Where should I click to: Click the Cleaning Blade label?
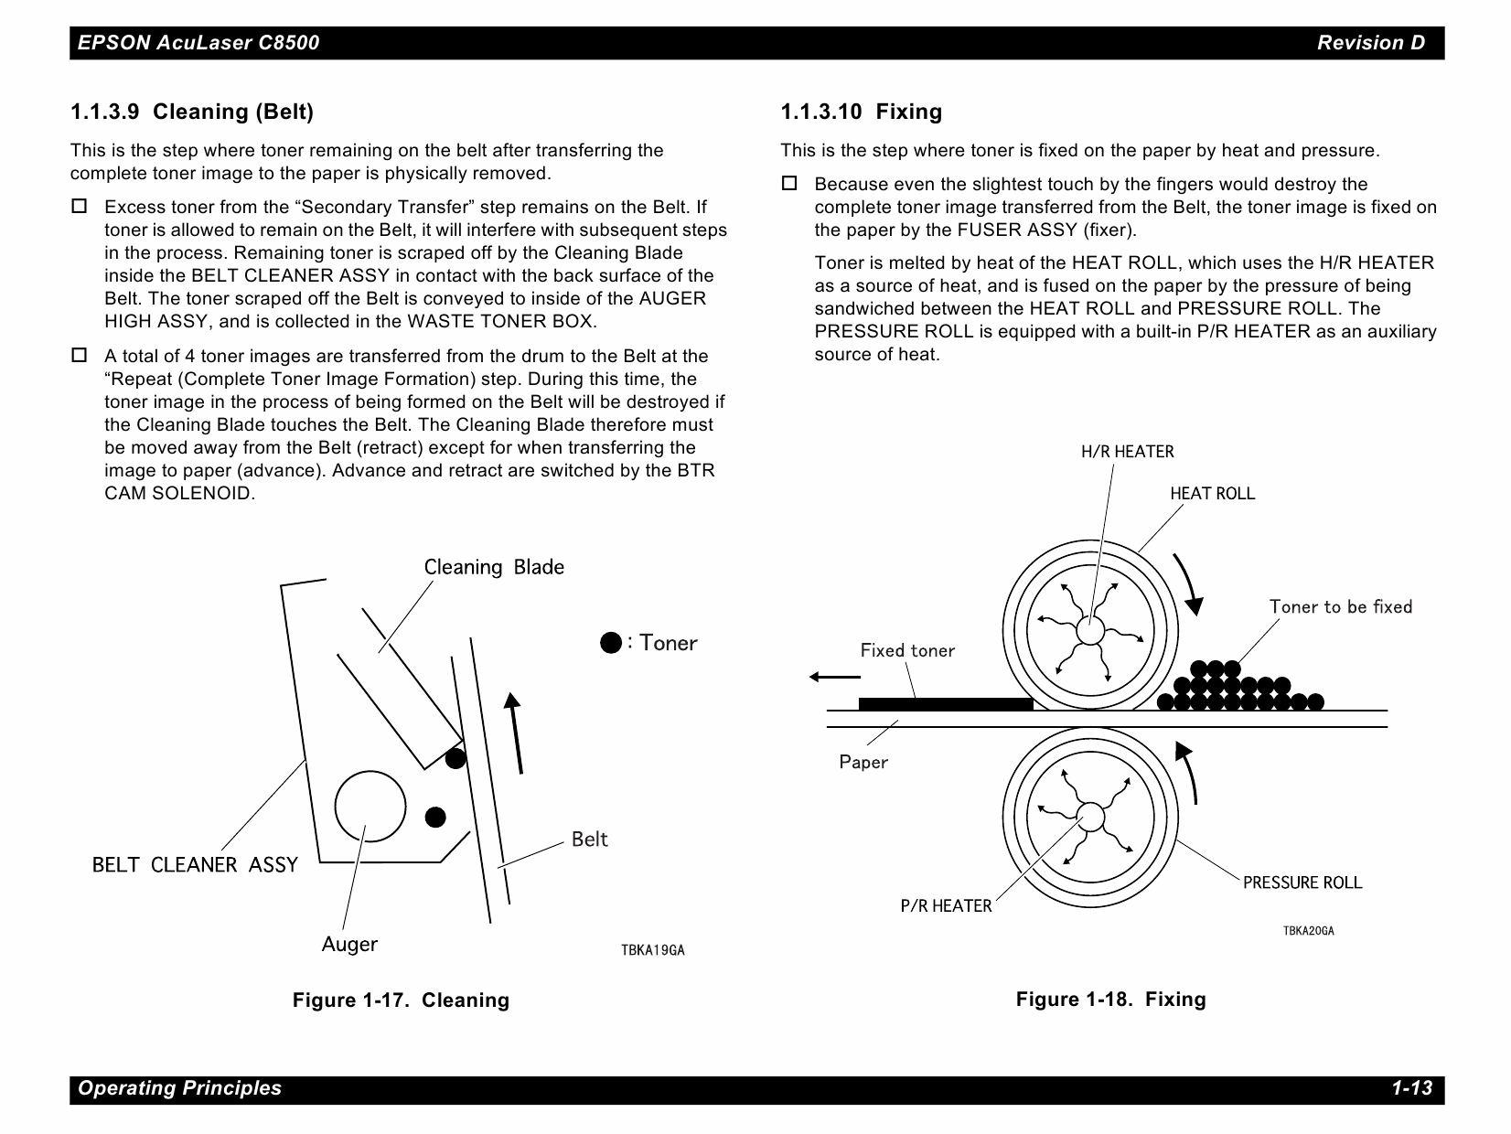coord(494,567)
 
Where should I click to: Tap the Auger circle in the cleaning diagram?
coord(370,805)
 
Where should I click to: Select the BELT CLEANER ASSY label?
coord(195,865)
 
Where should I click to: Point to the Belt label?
coord(589,840)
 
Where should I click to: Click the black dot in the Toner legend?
coord(611,643)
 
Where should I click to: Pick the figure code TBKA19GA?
coord(652,950)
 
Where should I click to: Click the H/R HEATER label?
coord(1127,452)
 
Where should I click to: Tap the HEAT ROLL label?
coord(1212,494)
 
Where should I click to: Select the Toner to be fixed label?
coord(1340,607)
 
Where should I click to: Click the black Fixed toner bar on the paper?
coord(945,703)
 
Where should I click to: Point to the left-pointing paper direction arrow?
coord(834,677)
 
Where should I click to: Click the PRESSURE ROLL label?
coord(1302,883)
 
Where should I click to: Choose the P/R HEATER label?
coord(946,906)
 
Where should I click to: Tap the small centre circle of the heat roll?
coord(1089,630)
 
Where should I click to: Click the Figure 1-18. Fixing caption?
coord(1110,999)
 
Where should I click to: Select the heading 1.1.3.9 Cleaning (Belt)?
coord(192,112)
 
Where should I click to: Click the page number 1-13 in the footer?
coord(1411,1088)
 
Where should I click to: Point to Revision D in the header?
coord(1370,42)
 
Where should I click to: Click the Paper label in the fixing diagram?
coord(863,762)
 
